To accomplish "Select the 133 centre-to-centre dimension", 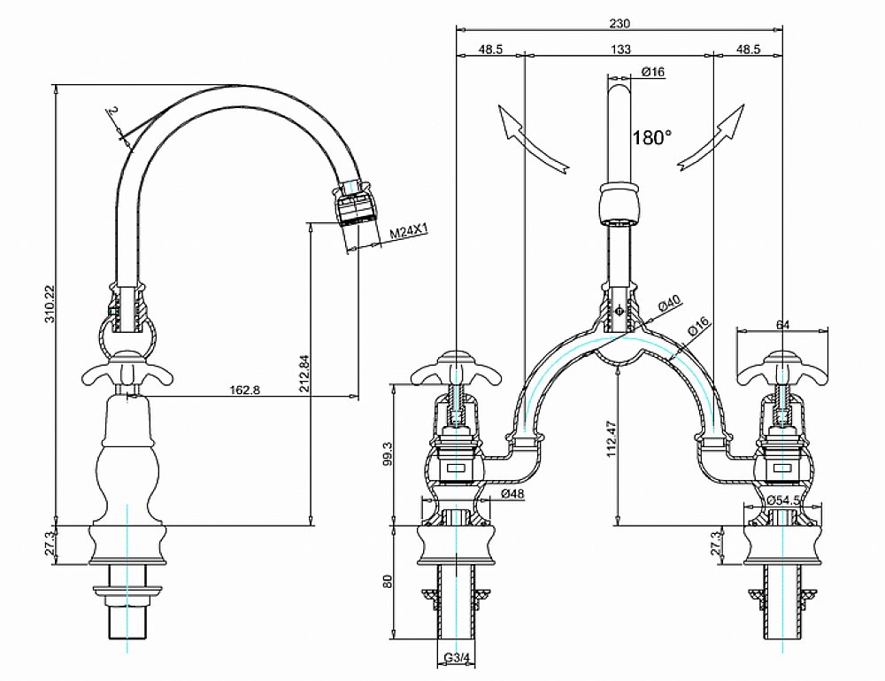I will click(x=620, y=50).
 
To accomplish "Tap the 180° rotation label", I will click(x=652, y=137).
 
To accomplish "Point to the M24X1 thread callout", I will click(x=411, y=232).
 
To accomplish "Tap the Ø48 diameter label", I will click(x=514, y=492).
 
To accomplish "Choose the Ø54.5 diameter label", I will click(x=783, y=500).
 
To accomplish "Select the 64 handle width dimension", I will click(x=781, y=324).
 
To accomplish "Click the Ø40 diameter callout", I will click(x=669, y=304).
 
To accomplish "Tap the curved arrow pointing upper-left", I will click(x=528, y=140).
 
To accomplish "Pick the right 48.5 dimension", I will click(x=748, y=50).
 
